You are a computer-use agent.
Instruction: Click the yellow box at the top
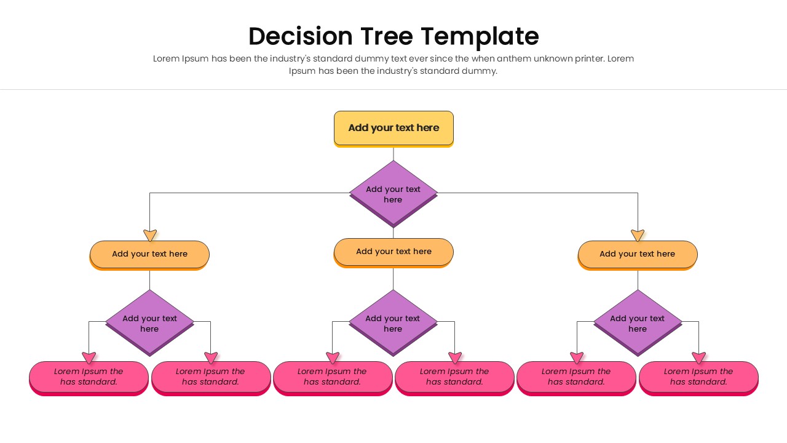coord(393,128)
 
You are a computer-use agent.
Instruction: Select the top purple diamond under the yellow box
coord(393,193)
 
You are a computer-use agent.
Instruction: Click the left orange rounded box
coord(149,254)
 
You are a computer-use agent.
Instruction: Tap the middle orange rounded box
coord(393,252)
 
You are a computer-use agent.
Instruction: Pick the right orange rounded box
coord(638,254)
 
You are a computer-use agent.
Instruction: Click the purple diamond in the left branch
coord(149,322)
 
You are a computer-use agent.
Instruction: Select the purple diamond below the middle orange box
coord(393,322)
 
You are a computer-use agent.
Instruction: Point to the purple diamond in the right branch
coord(638,322)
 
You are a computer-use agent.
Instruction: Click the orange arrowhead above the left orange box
coord(150,235)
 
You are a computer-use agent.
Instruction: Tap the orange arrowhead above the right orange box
coord(638,235)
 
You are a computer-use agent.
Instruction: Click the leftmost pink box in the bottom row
coord(89,377)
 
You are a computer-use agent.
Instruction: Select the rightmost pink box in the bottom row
coord(698,377)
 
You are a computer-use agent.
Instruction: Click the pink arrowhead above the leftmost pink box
coord(89,357)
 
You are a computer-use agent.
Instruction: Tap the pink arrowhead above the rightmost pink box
coord(698,357)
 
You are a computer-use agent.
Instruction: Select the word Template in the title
coord(481,36)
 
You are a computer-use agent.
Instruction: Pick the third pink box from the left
coord(333,377)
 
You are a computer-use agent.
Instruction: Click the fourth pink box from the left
coord(454,377)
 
